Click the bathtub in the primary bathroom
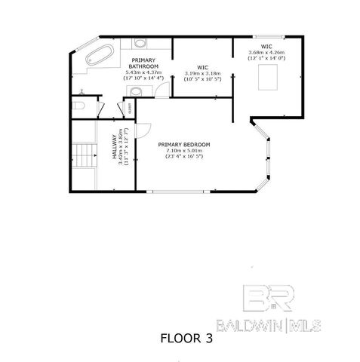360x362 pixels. (x=97, y=54)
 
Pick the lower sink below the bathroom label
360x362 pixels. (x=134, y=91)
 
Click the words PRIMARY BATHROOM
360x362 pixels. (x=144, y=63)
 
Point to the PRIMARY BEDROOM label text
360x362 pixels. (x=183, y=144)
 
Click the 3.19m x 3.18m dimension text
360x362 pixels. (x=202, y=74)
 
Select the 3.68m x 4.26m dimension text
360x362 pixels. (x=267, y=52)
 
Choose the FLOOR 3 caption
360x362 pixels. (x=186, y=339)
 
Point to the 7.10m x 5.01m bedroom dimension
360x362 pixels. (x=184, y=150)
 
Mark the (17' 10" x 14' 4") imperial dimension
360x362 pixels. (x=144, y=78)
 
